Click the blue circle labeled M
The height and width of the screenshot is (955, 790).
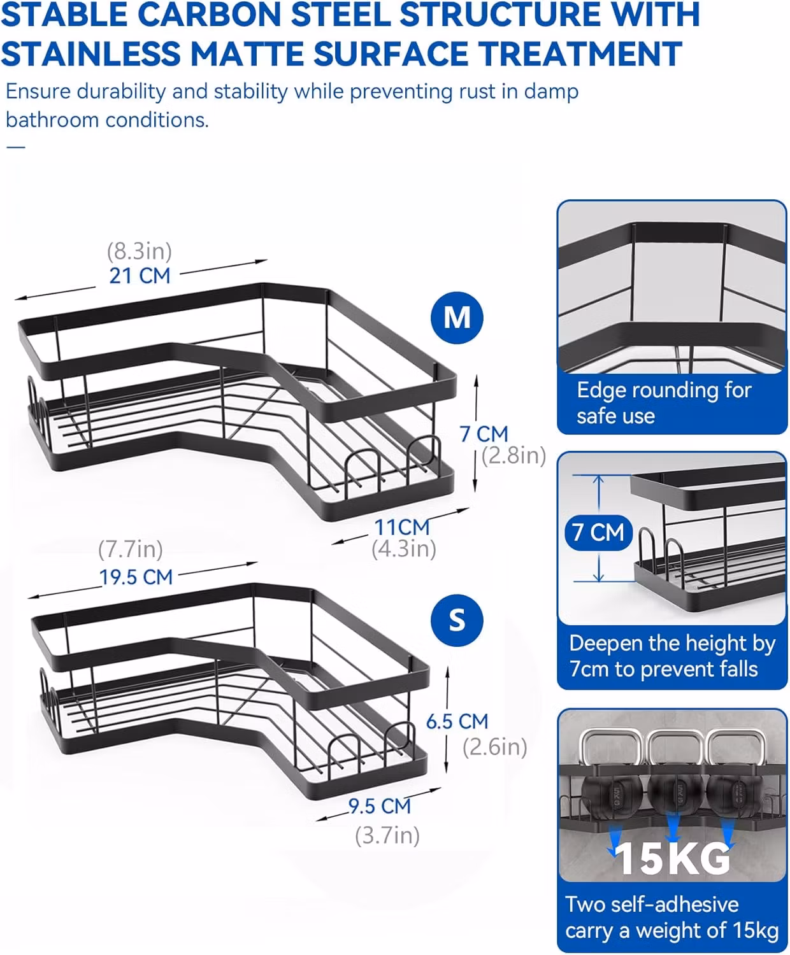click(456, 318)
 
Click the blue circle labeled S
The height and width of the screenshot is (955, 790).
click(456, 620)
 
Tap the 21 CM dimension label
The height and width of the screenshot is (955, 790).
click(140, 276)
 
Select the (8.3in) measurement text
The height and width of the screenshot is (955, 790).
click(139, 251)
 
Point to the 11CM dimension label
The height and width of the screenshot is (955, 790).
click(402, 527)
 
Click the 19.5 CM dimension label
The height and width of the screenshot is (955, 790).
click(136, 577)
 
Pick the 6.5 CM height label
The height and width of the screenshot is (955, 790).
click(457, 721)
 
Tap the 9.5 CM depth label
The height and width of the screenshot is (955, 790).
click(380, 806)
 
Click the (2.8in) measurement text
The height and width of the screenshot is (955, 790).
click(513, 456)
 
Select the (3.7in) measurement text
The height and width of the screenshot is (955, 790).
click(387, 835)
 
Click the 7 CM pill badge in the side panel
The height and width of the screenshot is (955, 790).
click(598, 532)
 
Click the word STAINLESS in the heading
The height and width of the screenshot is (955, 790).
click(91, 53)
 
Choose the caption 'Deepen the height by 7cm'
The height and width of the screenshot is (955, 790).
click(672, 656)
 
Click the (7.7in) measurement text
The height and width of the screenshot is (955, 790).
click(131, 549)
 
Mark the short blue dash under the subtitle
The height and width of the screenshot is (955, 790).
click(15, 147)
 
